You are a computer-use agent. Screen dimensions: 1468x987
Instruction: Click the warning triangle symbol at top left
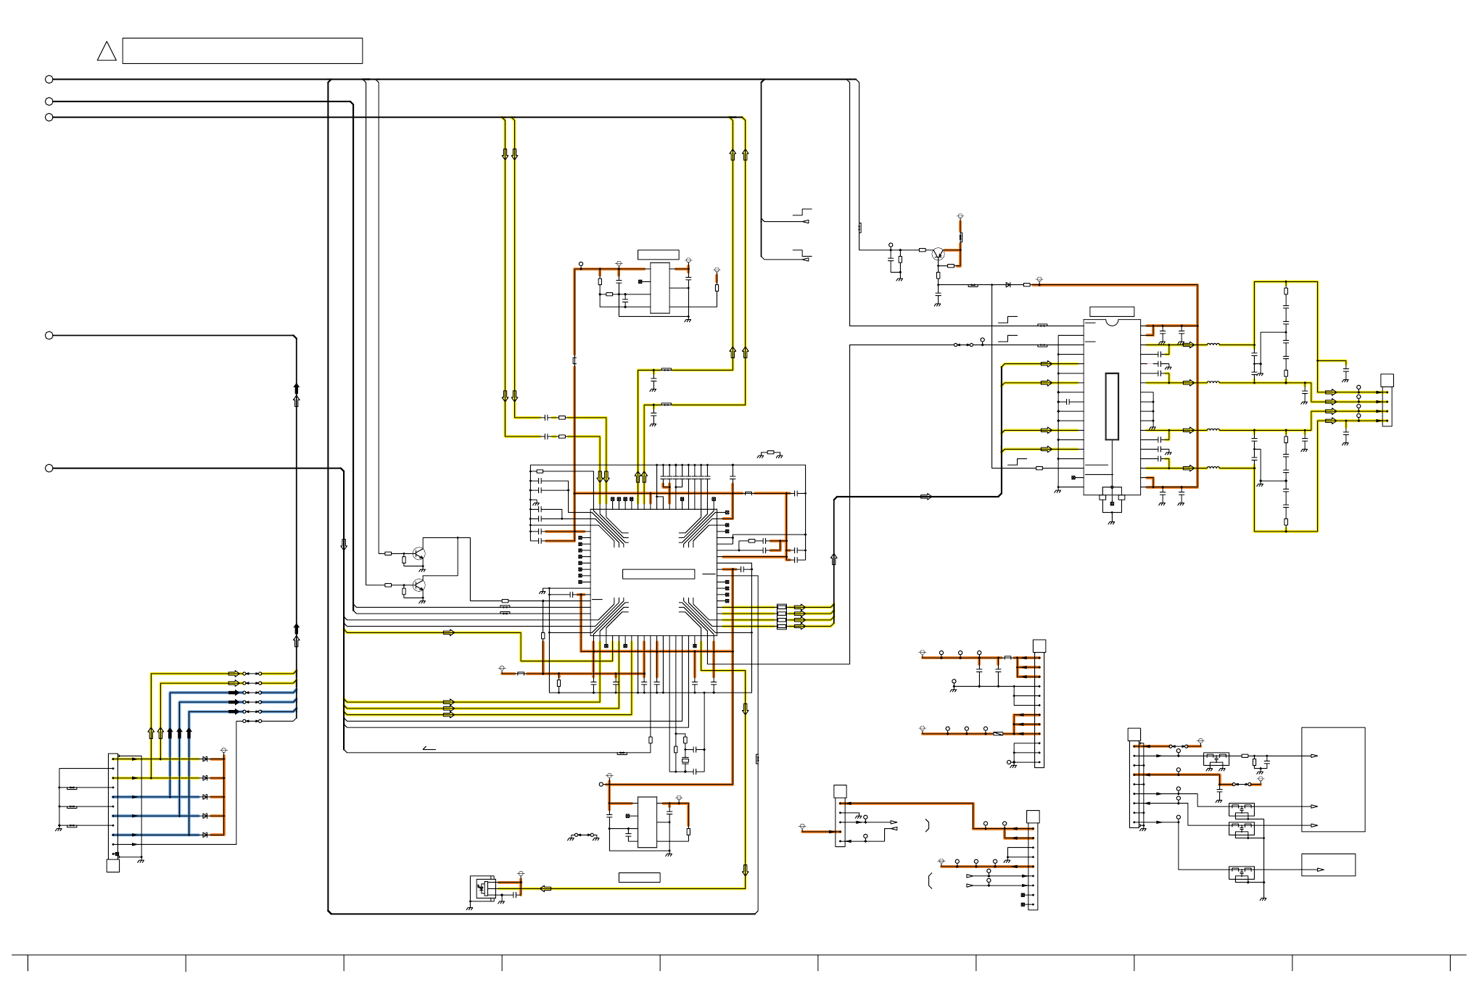[107, 51]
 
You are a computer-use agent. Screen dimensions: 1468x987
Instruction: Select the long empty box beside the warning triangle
[242, 51]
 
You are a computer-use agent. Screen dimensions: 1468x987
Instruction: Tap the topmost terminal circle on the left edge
[49, 79]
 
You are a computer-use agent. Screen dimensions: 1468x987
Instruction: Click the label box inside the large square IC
[659, 574]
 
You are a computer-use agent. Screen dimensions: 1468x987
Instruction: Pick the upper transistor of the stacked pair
[418, 553]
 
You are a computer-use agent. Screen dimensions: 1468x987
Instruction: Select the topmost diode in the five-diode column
[205, 759]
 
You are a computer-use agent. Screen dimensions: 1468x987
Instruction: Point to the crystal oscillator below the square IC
[685, 761]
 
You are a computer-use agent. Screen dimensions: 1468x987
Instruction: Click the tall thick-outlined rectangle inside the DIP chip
[1111, 406]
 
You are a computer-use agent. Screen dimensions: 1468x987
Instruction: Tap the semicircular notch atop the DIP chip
[1111, 320]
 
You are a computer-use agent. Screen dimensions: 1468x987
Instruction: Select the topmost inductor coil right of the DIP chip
[1213, 344]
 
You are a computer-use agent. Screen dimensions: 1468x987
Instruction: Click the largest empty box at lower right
[1333, 780]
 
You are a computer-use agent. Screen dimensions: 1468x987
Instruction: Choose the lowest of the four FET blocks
[1241, 873]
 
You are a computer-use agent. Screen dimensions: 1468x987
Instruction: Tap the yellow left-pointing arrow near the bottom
[546, 888]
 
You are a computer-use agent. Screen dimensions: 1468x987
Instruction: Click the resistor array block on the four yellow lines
[781, 616]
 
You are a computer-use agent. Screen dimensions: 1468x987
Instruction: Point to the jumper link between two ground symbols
[584, 836]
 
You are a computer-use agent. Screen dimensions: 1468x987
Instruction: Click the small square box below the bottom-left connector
[113, 866]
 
